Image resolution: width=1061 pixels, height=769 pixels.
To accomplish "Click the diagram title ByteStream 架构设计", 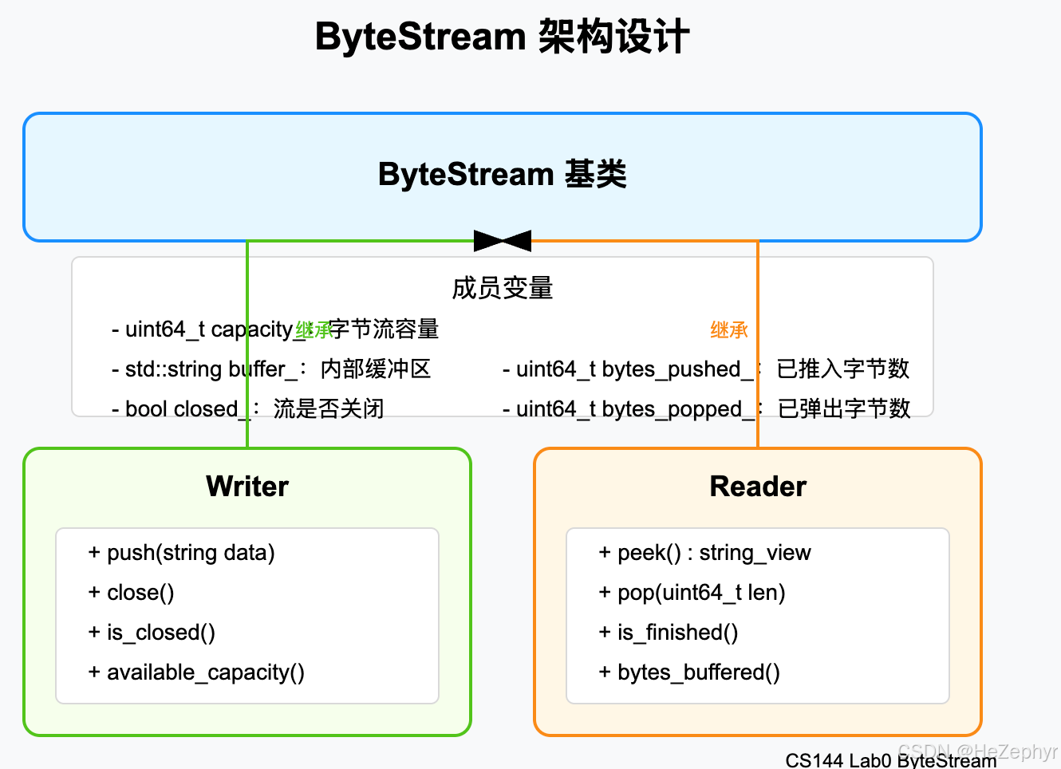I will click(x=502, y=37).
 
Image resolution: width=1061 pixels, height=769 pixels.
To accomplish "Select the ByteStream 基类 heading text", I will click(x=502, y=175).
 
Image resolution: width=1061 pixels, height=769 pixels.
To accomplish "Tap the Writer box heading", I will click(x=247, y=487).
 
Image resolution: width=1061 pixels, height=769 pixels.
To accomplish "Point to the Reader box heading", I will click(x=758, y=487).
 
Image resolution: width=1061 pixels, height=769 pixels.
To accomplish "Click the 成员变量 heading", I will click(x=502, y=288).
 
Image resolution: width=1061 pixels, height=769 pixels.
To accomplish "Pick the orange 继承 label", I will click(x=729, y=330).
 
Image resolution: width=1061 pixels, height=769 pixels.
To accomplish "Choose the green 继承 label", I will click(x=314, y=330).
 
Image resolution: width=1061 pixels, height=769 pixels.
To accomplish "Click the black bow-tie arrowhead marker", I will click(x=503, y=240).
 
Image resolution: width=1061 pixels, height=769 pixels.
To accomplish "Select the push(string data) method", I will click(x=182, y=553).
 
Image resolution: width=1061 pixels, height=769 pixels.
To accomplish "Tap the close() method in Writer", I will click(x=132, y=593).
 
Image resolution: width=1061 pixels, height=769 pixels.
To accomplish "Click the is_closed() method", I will click(x=152, y=633).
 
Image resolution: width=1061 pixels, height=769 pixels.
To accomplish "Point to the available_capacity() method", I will click(x=197, y=672).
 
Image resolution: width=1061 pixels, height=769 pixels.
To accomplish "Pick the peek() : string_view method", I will click(x=705, y=553).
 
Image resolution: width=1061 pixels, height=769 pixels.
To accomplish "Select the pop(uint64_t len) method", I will click(x=693, y=593).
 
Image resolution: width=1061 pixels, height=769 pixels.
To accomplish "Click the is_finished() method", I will click(x=669, y=633).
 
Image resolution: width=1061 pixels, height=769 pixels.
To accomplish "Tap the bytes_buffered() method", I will click(x=690, y=672).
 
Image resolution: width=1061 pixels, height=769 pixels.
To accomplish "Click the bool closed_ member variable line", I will click(x=248, y=409).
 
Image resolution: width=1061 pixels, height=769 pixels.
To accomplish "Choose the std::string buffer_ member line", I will click(x=271, y=369).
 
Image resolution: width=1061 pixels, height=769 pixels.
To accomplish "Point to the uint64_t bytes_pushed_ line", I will click(x=706, y=369).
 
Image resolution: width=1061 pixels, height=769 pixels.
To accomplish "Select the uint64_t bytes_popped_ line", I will click(x=707, y=409).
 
